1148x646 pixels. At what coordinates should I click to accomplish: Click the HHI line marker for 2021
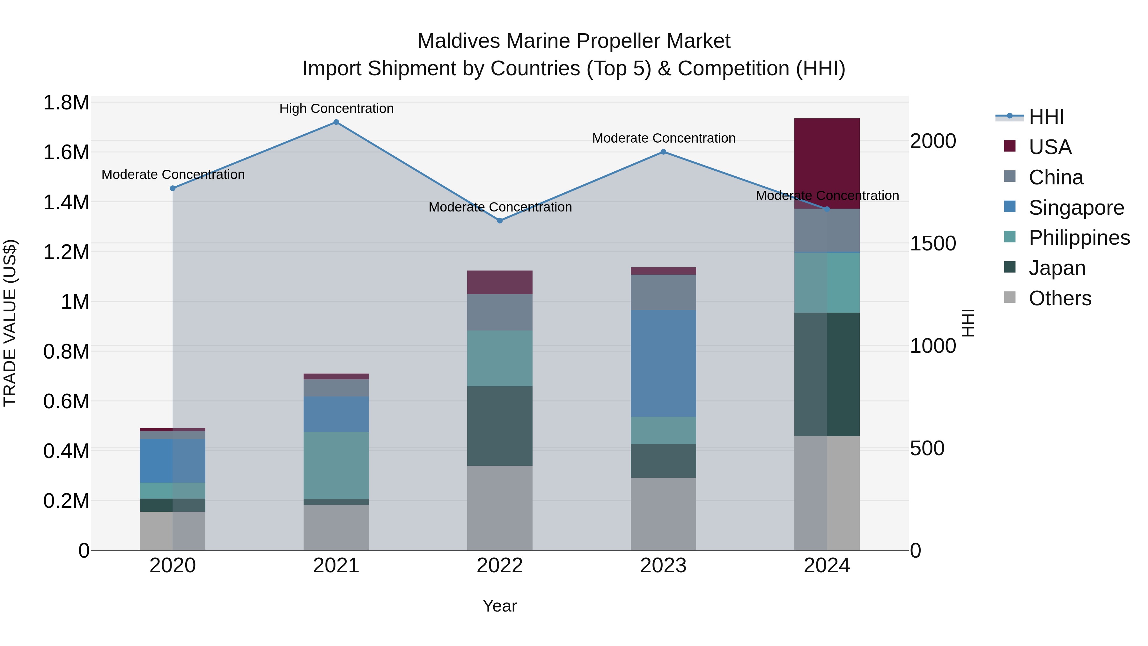tap(336, 122)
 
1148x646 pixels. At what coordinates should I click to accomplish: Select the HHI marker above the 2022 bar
tap(500, 221)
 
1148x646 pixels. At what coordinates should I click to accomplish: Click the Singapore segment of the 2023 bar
tap(663, 363)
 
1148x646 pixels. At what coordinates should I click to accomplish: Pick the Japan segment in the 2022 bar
tap(500, 426)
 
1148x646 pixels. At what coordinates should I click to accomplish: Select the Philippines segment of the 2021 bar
tap(336, 465)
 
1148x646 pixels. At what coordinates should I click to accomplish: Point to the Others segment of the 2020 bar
tap(173, 531)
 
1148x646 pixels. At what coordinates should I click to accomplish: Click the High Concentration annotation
tap(336, 108)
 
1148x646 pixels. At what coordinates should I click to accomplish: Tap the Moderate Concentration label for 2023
tap(664, 138)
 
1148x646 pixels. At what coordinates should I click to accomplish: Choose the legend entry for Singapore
tap(1076, 208)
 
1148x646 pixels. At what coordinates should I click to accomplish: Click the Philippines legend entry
tap(1079, 238)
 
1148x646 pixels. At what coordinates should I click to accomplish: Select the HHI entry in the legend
tap(1046, 117)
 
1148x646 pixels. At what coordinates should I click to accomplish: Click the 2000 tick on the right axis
tap(933, 141)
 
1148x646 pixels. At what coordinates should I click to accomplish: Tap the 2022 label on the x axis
tap(500, 566)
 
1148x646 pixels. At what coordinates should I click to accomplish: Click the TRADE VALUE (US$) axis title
tap(10, 323)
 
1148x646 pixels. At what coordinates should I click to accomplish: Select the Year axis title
tap(500, 606)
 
